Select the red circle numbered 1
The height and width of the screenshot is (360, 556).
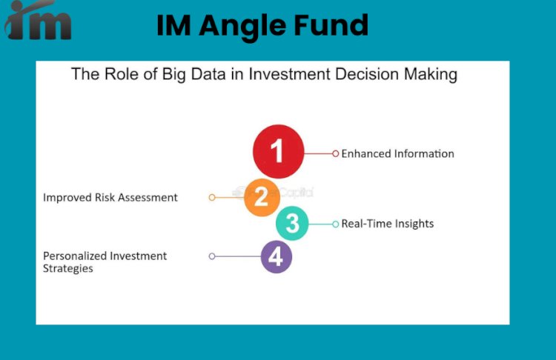pos(278,151)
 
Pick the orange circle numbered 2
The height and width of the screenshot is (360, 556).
pos(261,197)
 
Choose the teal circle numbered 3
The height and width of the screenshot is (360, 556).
pos(292,224)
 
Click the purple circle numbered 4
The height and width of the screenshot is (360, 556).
pos(277,256)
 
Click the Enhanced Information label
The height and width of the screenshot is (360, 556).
pos(397,154)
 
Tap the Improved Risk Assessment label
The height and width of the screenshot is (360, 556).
pos(110,198)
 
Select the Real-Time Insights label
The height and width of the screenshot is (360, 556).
pos(387,224)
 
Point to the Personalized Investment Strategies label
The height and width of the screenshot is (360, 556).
pos(105,262)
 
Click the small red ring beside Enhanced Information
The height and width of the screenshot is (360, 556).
pos(335,154)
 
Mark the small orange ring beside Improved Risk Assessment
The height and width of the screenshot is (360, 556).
pos(212,198)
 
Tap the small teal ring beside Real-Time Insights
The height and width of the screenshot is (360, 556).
pos(335,224)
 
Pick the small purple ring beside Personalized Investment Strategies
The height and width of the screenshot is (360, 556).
pos(212,256)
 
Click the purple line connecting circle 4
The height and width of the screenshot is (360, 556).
pos(238,256)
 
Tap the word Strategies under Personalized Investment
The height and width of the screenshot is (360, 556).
pos(68,268)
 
